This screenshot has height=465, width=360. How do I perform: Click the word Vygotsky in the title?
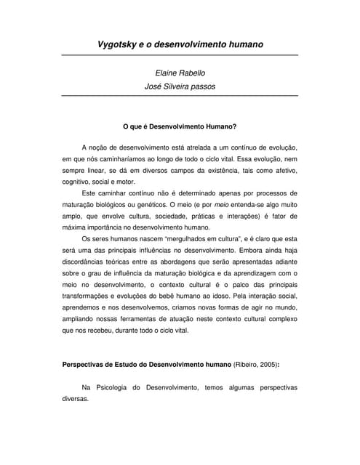point(120,44)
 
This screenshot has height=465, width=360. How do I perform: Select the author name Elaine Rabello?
point(180,73)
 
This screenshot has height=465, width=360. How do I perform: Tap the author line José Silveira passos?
point(180,86)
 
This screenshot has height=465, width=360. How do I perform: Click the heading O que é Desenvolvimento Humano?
point(180,126)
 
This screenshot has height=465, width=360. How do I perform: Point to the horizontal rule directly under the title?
point(180,56)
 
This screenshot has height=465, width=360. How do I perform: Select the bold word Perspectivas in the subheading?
point(86,365)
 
